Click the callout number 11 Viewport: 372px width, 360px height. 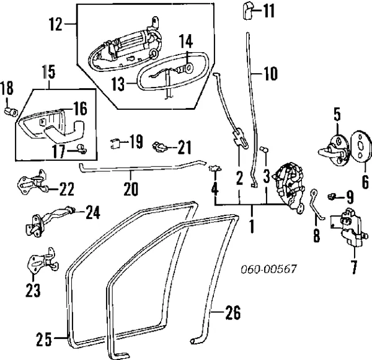(267, 11)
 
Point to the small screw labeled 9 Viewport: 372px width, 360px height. (334, 196)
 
